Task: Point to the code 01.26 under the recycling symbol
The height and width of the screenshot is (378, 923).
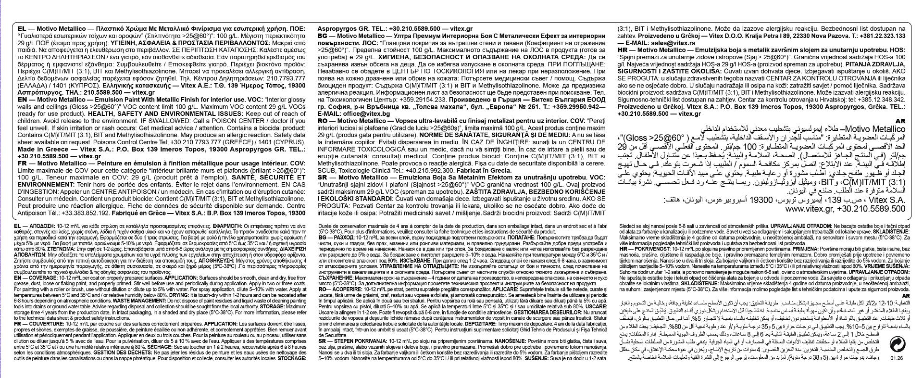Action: (896, 370)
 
